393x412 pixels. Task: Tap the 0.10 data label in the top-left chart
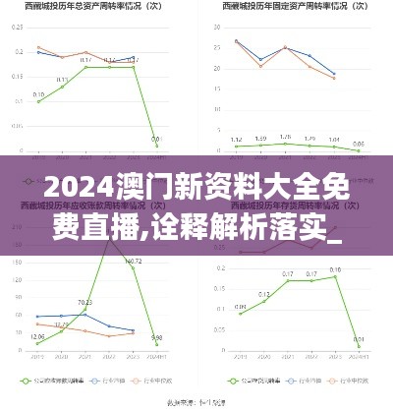point(38,95)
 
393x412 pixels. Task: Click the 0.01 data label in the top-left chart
point(155,140)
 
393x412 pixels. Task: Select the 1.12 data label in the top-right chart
point(236,140)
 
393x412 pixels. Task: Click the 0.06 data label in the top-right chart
point(358,145)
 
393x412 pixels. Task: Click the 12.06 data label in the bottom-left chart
point(37,337)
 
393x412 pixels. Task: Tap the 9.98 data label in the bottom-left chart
point(156,338)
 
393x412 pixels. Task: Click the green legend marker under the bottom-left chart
point(28,380)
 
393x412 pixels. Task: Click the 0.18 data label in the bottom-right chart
point(335,269)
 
